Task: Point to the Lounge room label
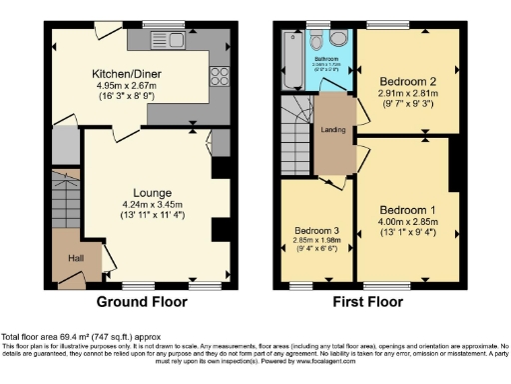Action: pyautogui.click(x=153, y=192)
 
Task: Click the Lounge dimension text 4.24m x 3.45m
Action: pyautogui.click(x=153, y=205)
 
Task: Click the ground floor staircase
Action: pyautogui.click(x=64, y=199)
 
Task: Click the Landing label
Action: pyautogui.click(x=332, y=129)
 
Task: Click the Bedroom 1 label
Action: pyautogui.click(x=406, y=210)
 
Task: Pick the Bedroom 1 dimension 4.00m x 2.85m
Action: pyautogui.click(x=406, y=223)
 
